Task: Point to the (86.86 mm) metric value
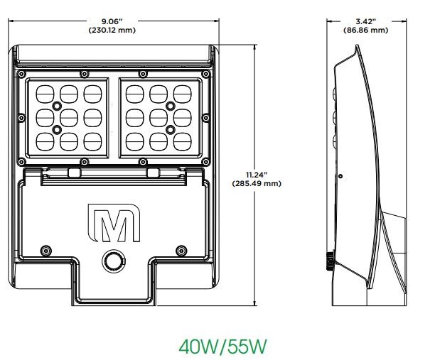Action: [365, 30]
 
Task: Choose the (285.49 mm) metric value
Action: [257, 183]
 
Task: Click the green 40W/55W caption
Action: [222, 347]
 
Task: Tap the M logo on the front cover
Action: [113, 224]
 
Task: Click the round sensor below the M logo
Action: [112, 261]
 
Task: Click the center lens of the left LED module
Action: [68, 116]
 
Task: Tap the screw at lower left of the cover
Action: [46, 249]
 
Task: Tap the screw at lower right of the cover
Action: [180, 249]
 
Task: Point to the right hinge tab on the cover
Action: [152, 173]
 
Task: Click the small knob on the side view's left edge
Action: [330, 261]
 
